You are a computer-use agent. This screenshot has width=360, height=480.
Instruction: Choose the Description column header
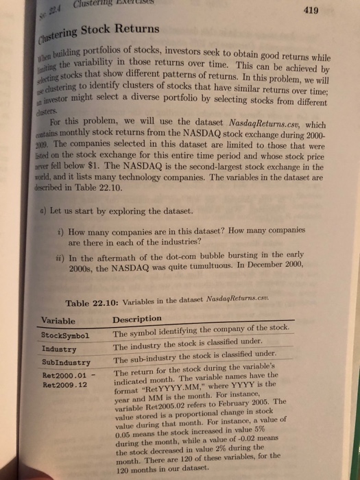[x=137, y=319]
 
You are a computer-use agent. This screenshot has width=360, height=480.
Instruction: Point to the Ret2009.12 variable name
[x=67, y=387]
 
